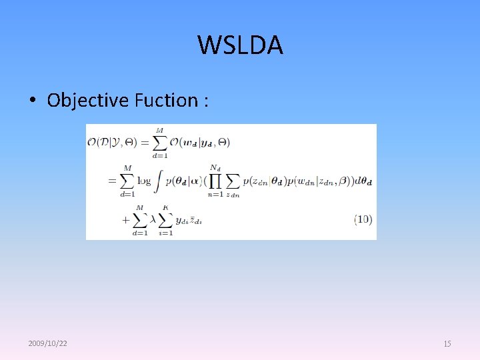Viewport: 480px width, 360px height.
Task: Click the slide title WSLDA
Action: coord(240,45)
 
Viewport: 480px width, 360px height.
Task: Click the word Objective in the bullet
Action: coord(87,100)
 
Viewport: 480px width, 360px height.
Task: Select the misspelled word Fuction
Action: coord(166,100)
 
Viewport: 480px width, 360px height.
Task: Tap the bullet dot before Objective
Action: coord(32,101)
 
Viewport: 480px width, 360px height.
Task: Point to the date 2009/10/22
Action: coord(47,343)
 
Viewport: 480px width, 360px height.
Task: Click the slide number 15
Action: coord(447,343)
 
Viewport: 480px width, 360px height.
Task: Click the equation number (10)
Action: coord(363,219)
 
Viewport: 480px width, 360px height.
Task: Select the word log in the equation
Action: coord(145,180)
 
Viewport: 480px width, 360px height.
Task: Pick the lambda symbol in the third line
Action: coord(153,219)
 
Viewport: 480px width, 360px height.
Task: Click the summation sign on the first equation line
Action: coord(159,142)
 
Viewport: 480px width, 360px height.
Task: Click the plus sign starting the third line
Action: coord(125,219)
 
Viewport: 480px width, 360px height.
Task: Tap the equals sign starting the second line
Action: coord(113,180)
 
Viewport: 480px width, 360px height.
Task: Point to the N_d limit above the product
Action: coord(215,167)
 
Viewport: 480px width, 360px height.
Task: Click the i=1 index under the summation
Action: coord(165,233)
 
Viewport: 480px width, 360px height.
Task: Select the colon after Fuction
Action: coord(207,101)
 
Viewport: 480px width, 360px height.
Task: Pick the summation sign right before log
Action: coord(127,180)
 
